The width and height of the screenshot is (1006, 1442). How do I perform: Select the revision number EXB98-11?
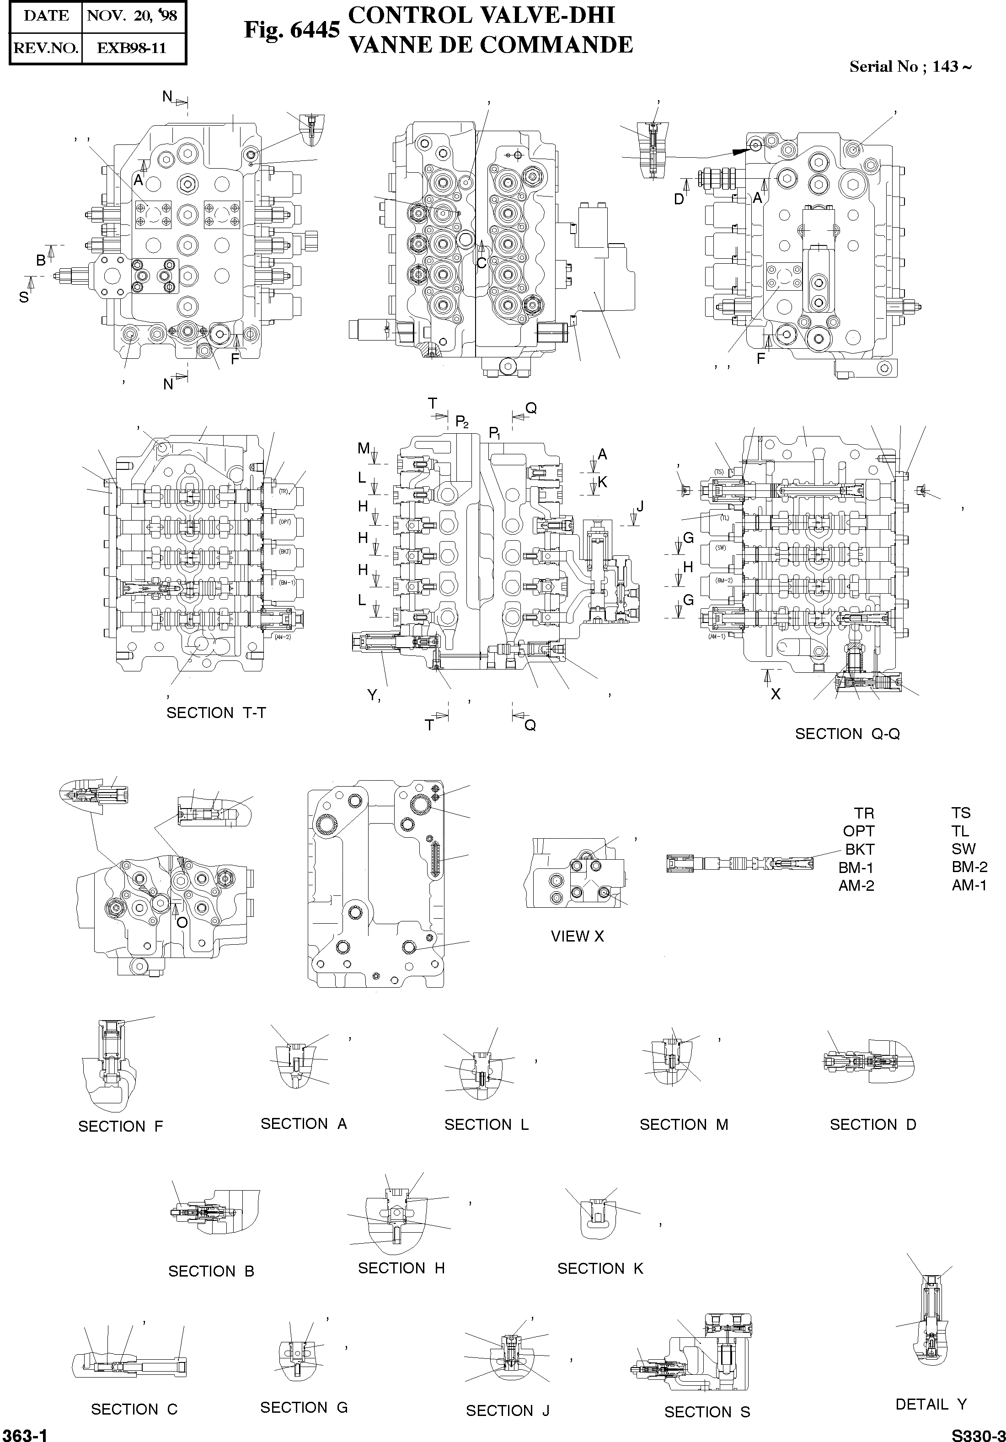pos(133,48)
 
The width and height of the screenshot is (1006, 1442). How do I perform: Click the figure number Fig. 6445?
pos(292,30)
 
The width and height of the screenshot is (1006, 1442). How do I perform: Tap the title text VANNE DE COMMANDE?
pos(490,45)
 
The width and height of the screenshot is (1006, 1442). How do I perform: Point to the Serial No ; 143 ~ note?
pos(910,67)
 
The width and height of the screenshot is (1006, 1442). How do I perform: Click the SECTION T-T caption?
pos(216,713)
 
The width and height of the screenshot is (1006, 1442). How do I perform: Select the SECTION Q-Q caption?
pos(847,734)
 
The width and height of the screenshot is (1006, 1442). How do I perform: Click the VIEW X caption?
pos(577,936)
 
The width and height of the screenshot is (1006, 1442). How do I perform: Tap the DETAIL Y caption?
pos(931,1404)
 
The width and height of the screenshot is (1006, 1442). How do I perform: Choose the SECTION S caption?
pos(707,1412)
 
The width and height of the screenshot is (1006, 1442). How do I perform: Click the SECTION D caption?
pos(873,1124)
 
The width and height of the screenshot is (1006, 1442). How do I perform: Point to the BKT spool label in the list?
pos(860,849)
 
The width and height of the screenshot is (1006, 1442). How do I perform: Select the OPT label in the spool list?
pos(858,831)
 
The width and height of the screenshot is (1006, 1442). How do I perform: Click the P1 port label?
pos(495,433)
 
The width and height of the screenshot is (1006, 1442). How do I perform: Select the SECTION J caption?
pos(508,1410)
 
